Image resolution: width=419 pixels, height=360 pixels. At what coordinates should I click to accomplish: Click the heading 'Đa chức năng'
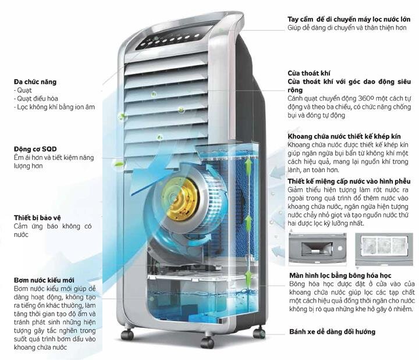(35, 81)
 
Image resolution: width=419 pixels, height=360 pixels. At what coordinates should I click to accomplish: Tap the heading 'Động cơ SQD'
(36, 148)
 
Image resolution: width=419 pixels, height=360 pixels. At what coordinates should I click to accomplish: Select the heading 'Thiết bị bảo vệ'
(38, 218)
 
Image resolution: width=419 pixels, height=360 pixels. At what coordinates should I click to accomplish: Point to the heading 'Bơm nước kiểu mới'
(44, 280)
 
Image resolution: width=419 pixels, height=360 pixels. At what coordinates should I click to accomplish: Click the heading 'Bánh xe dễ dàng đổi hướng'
(332, 332)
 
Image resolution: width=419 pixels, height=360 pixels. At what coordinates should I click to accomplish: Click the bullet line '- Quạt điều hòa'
(35, 99)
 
